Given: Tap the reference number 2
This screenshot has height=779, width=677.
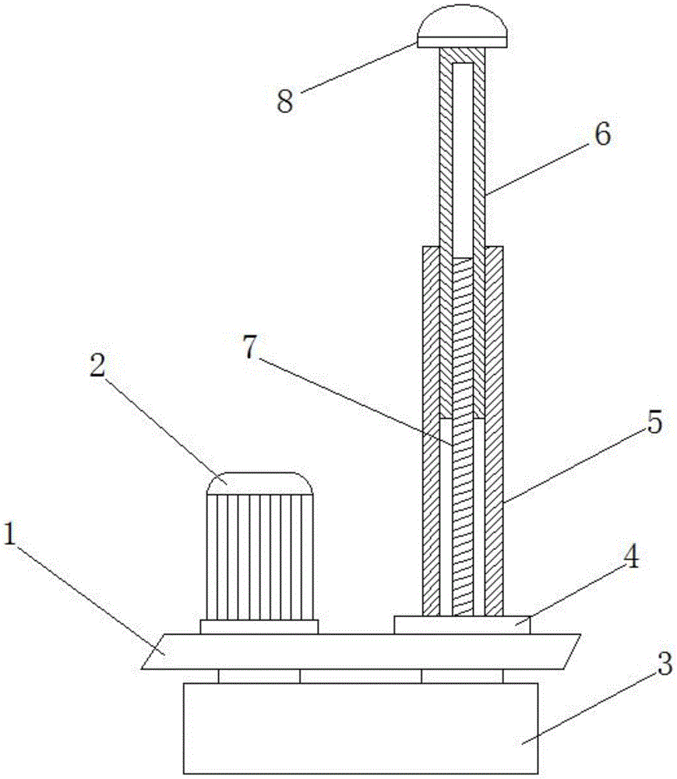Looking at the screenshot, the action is [x=98, y=366].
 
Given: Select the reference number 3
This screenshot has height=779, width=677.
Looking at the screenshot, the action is [x=665, y=663].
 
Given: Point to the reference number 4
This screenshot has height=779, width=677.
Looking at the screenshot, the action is [x=630, y=559].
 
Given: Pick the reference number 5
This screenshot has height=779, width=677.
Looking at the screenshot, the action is [x=654, y=422].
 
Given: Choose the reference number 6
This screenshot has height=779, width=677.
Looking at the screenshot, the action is [x=602, y=133].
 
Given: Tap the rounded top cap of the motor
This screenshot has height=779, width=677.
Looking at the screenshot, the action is [x=259, y=483].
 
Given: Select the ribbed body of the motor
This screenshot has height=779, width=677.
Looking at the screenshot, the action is [x=259, y=557].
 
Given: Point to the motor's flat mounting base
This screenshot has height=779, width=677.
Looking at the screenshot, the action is [x=259, y=626].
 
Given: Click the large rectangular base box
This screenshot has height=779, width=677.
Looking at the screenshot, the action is [x=361, y=728].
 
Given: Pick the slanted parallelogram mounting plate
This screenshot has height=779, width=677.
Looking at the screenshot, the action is [x=361, y=651].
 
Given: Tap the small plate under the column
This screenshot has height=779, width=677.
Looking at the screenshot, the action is [x=462, y=625].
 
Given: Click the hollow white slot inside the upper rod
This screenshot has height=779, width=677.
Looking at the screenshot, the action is [x=463, y=160].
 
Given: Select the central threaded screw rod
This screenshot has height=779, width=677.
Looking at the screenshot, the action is [x=463, y=436].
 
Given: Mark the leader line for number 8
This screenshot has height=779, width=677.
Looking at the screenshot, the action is [x=358, y=67].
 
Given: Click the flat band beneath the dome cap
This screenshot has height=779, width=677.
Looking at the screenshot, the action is [x=463, y=42].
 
